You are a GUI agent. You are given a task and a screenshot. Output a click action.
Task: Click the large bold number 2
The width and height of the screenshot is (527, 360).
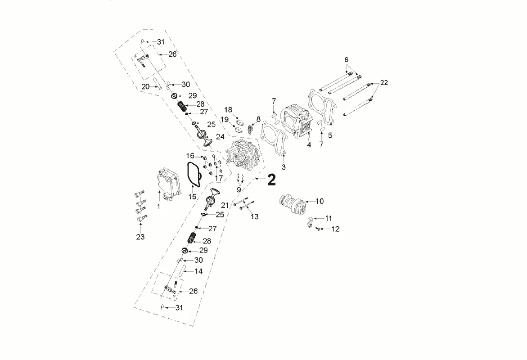point(271,180)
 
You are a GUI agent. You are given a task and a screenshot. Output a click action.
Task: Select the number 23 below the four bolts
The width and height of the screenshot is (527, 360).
point(140,237)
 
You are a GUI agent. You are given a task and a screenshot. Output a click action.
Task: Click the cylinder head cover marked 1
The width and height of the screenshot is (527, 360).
point(169,182)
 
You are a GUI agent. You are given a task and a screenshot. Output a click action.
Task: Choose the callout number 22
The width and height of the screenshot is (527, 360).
point(383,83)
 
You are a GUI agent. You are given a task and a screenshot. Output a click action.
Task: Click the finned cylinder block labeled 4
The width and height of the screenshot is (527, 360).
point(298,122)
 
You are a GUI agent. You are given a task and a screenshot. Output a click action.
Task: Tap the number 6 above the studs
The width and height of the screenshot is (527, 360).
point(347,59)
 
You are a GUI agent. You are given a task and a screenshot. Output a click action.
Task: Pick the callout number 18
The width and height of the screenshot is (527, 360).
point(228,110)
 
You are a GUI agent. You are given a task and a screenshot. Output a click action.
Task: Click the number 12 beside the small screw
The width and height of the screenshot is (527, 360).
point(335,229)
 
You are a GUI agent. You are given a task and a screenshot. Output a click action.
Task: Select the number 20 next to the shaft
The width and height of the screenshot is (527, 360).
point(145,87)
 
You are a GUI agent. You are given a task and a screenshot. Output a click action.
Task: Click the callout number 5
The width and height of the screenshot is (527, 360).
point(330,135)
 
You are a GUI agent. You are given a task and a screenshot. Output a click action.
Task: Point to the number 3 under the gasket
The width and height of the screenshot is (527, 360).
point(284,167)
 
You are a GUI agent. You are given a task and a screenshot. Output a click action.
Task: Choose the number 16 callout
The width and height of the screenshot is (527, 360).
point(190,156)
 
